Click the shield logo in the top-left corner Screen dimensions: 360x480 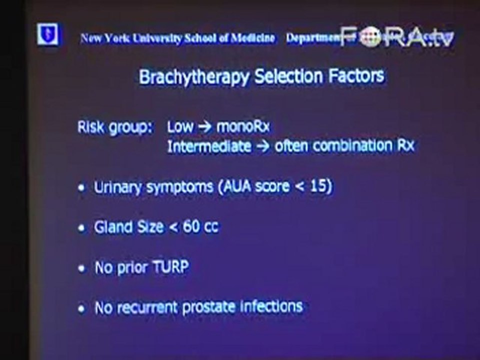[x=47, y=34]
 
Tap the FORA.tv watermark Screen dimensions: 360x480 [x=396, y=36]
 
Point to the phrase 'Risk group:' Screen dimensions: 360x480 [x=114, y=127]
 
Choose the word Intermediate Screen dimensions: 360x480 [x=209, y=146]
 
